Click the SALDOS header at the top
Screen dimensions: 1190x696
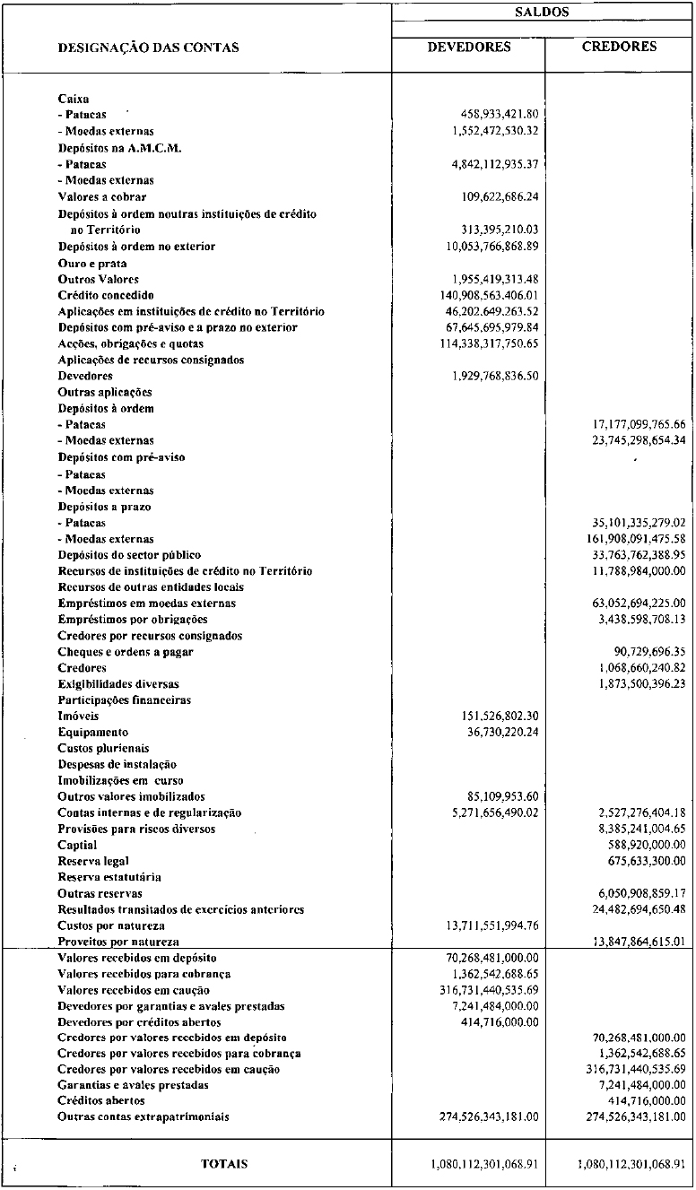(542, 13)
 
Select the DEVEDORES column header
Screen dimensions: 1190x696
(468, 47)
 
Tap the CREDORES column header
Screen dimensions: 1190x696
(619, 47)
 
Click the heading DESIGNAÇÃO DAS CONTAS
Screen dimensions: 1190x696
(149, 48)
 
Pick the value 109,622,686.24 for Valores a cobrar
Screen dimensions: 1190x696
(497, 196)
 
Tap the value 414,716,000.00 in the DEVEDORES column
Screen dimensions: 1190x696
(500, 1021)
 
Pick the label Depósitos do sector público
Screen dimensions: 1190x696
(129, 555)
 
